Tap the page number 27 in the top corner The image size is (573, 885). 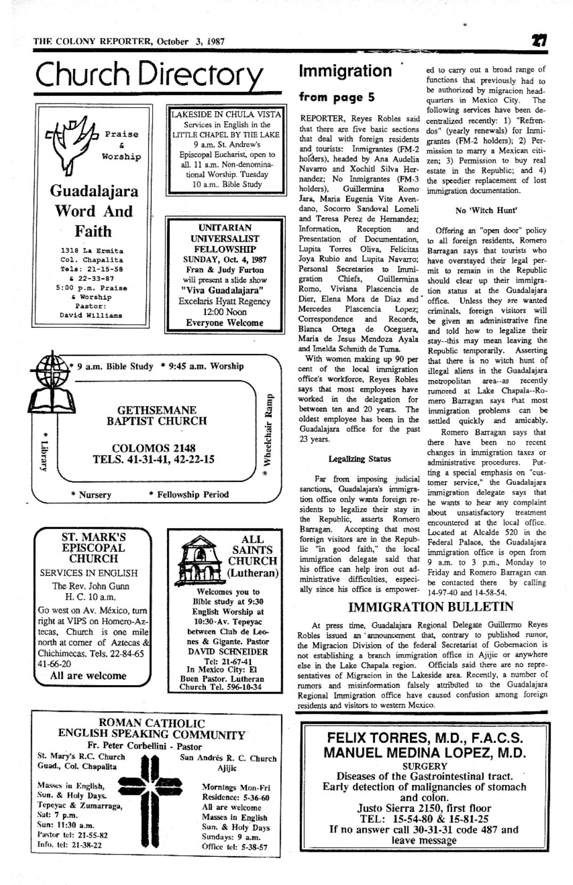(538, 41)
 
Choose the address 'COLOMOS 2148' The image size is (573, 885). (154, 448)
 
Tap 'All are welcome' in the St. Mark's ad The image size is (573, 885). (88, 675)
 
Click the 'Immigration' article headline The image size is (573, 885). (345, 71)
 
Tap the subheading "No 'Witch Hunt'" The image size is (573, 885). (486, 210)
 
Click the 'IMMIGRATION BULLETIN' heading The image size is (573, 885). (431, 607)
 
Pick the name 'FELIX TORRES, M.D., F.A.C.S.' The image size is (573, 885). (425, 738)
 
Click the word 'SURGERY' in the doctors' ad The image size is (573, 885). (424, 766)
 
